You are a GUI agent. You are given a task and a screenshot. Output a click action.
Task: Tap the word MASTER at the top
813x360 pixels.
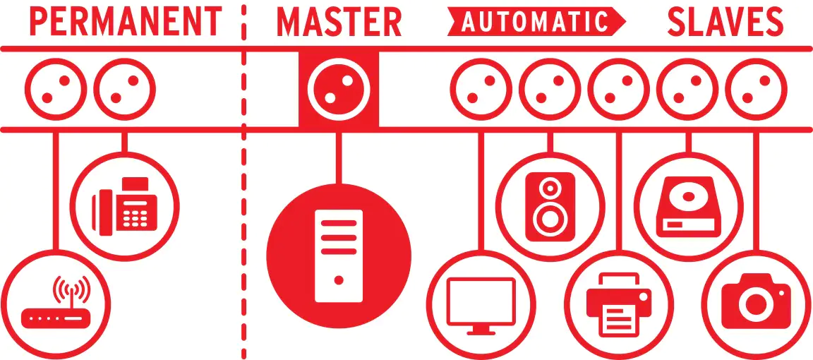click(x=339, y=23)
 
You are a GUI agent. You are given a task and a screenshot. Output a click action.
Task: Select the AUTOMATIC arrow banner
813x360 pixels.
click(x=536, y=22)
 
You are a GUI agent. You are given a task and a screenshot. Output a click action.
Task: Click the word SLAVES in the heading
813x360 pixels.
click(x=725, y=23)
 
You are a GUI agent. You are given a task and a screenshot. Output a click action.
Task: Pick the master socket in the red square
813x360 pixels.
click(x=339, y=89)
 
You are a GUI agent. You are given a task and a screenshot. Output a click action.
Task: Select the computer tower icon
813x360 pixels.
click(x=339, y=256)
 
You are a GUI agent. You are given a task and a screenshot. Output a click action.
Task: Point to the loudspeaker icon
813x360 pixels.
click(x=550, y=206)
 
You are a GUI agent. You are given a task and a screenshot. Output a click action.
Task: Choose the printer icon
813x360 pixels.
click(x=619, y=304)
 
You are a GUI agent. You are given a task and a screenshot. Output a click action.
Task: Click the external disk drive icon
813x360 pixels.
click(x=688, y=206)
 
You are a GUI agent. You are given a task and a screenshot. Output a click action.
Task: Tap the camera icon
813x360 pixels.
click(x=757, y=301)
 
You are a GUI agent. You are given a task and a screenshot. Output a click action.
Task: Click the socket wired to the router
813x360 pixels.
click(x=56, y=89)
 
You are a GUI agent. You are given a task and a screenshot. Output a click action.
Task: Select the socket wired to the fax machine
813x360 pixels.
click(x=124, y=89)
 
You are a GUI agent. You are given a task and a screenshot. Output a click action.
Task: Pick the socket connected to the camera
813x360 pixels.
click(x=756, y=89)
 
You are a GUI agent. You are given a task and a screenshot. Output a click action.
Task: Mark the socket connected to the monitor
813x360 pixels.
click(x=481, y=89)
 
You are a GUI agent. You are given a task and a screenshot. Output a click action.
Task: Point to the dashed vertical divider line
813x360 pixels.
click(x=243, y=180)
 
